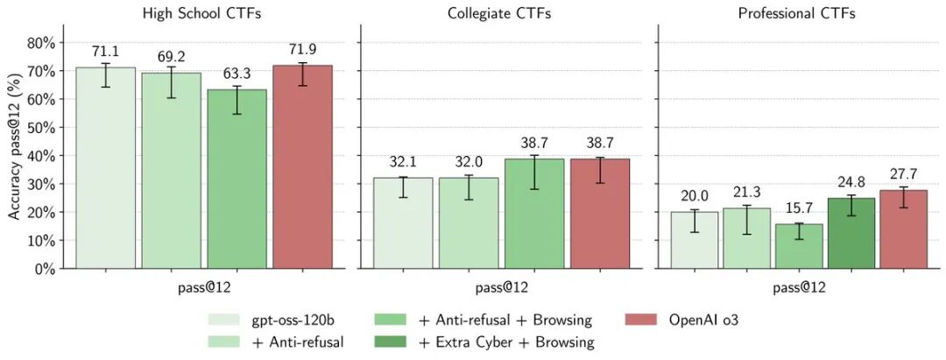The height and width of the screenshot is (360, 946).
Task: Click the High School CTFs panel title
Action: pyautogui.click(x=204, y=13)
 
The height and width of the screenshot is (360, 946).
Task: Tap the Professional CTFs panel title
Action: pyautogui.click(x=796, y=13)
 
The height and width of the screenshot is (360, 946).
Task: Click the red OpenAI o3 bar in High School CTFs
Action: pyautogui.click(x=302, y=166)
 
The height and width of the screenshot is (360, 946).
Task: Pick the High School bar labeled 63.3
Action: pyautogui.click(x=236, y=180)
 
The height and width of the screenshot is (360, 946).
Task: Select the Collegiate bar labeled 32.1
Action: pyautogui.click(x=403, y=223)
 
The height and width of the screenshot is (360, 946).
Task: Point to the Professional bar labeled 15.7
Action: pyautogui.click(x=799, y=246)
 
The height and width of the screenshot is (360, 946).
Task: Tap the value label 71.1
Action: pyautogui.click(x=105, y=52)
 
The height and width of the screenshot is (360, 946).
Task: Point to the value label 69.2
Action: pyautogui.click(x=171, y=57)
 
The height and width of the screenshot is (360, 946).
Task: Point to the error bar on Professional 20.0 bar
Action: pyautogui.click(x=695, y=221)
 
